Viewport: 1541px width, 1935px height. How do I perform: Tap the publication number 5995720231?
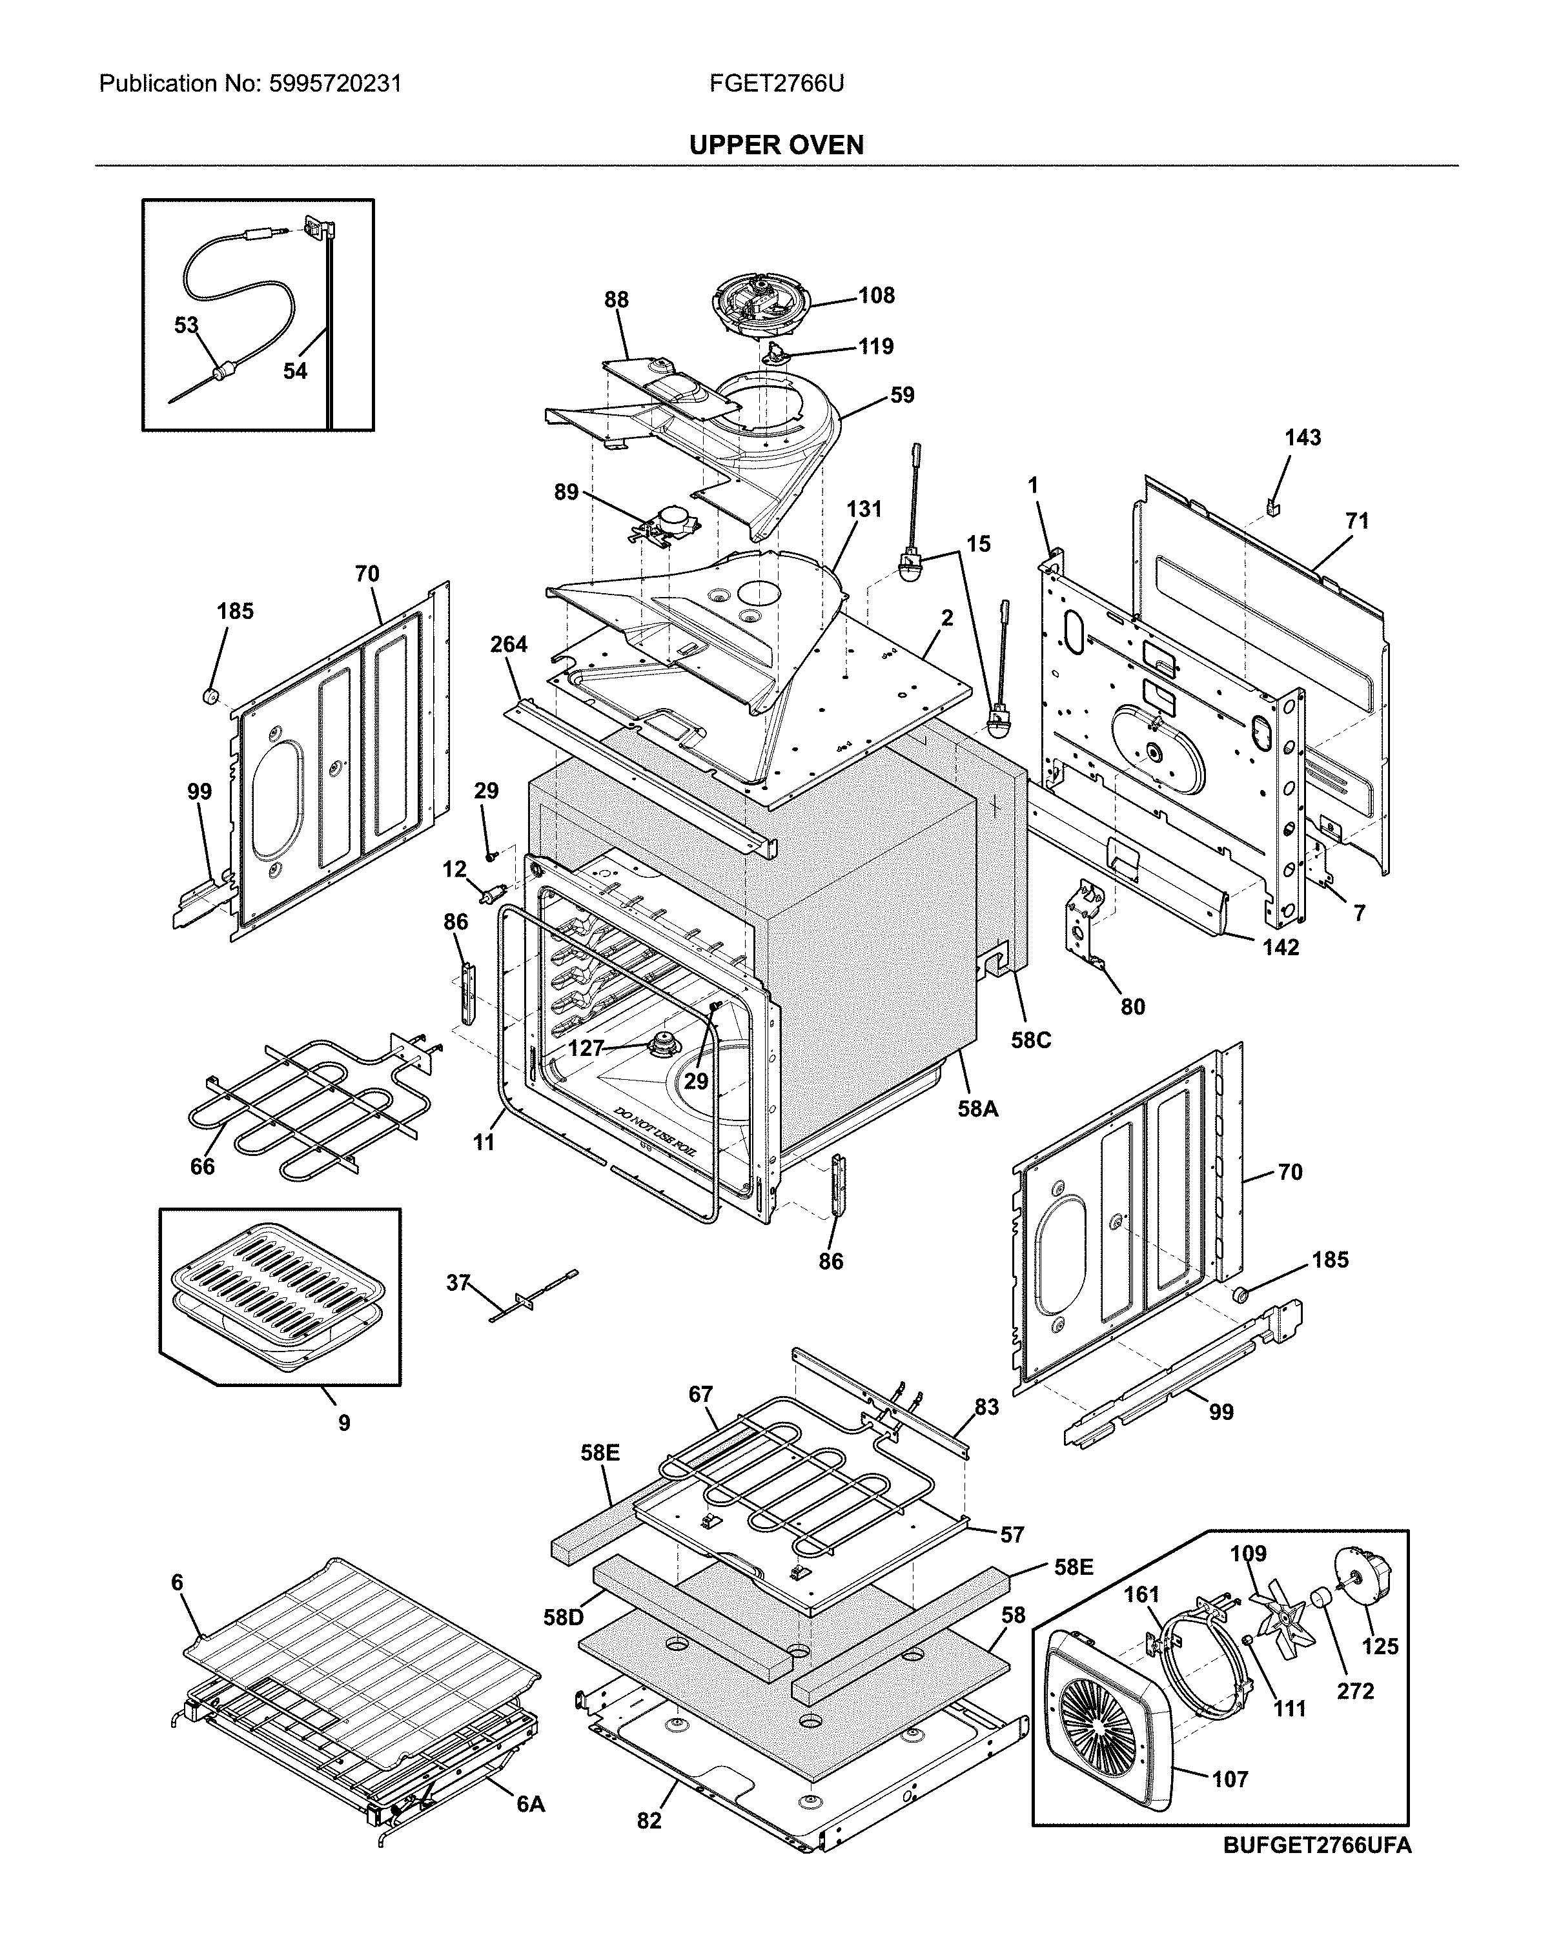[x=335, y=85]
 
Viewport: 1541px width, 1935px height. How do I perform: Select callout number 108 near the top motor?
[x=876, y=295]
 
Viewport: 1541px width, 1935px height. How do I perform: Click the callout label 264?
[x=509, y=644]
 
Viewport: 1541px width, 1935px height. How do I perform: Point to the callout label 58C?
[x=1030, y=1040]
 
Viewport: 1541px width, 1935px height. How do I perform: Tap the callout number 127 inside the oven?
[x=585, y=1048]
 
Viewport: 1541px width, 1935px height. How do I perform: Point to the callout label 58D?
[x=563, y=1617]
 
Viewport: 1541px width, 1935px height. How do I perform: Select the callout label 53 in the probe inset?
[x=186, y=325]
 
